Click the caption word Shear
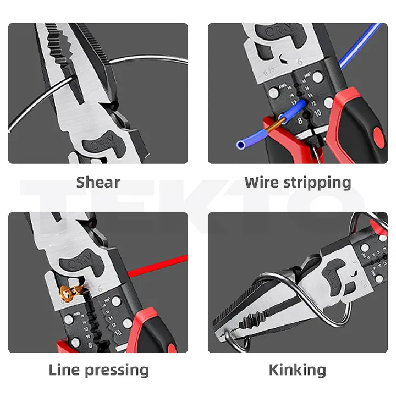point(98,182)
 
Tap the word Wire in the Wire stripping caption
point(263,182)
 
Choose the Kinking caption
point(297,370)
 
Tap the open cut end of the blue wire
point(240,145)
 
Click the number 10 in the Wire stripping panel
point(317,114)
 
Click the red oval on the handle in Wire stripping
point(378,135)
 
